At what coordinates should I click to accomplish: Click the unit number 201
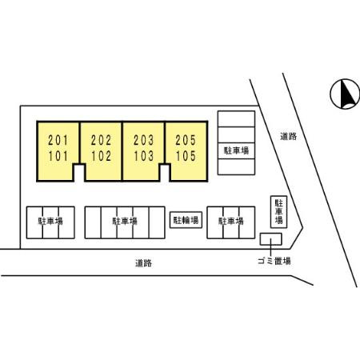tap(58, 140)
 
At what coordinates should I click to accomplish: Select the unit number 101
tap(58, 156)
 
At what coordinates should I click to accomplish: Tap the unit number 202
tap(101, 140)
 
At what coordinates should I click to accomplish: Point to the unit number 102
tap(101, 156)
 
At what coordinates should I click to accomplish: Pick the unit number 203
tap(144, 140)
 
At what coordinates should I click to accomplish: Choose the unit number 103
tap(144, 156)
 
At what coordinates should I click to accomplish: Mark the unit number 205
tap(186, 140)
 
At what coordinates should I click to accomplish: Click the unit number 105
tap(186, 156)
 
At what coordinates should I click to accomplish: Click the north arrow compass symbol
tap(345, 94)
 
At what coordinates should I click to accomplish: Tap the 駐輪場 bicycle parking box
tap(186, 220)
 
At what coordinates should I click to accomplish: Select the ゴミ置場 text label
tap(274, 261)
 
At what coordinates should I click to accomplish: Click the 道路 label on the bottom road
tap(143, 263)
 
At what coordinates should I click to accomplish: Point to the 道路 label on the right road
tap(288, 136)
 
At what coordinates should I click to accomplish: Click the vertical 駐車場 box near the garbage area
tap(278, 212)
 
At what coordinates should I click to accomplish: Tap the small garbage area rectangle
tap(270, 239)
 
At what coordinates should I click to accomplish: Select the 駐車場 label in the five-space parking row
tap(125, 221)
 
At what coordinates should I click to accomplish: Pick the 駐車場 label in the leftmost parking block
tap(50, 221)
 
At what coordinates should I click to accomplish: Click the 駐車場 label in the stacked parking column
tap(236, 150)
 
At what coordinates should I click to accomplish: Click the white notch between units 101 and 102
tap(79, 173)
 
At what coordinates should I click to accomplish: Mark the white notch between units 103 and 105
tap(165, 173)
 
